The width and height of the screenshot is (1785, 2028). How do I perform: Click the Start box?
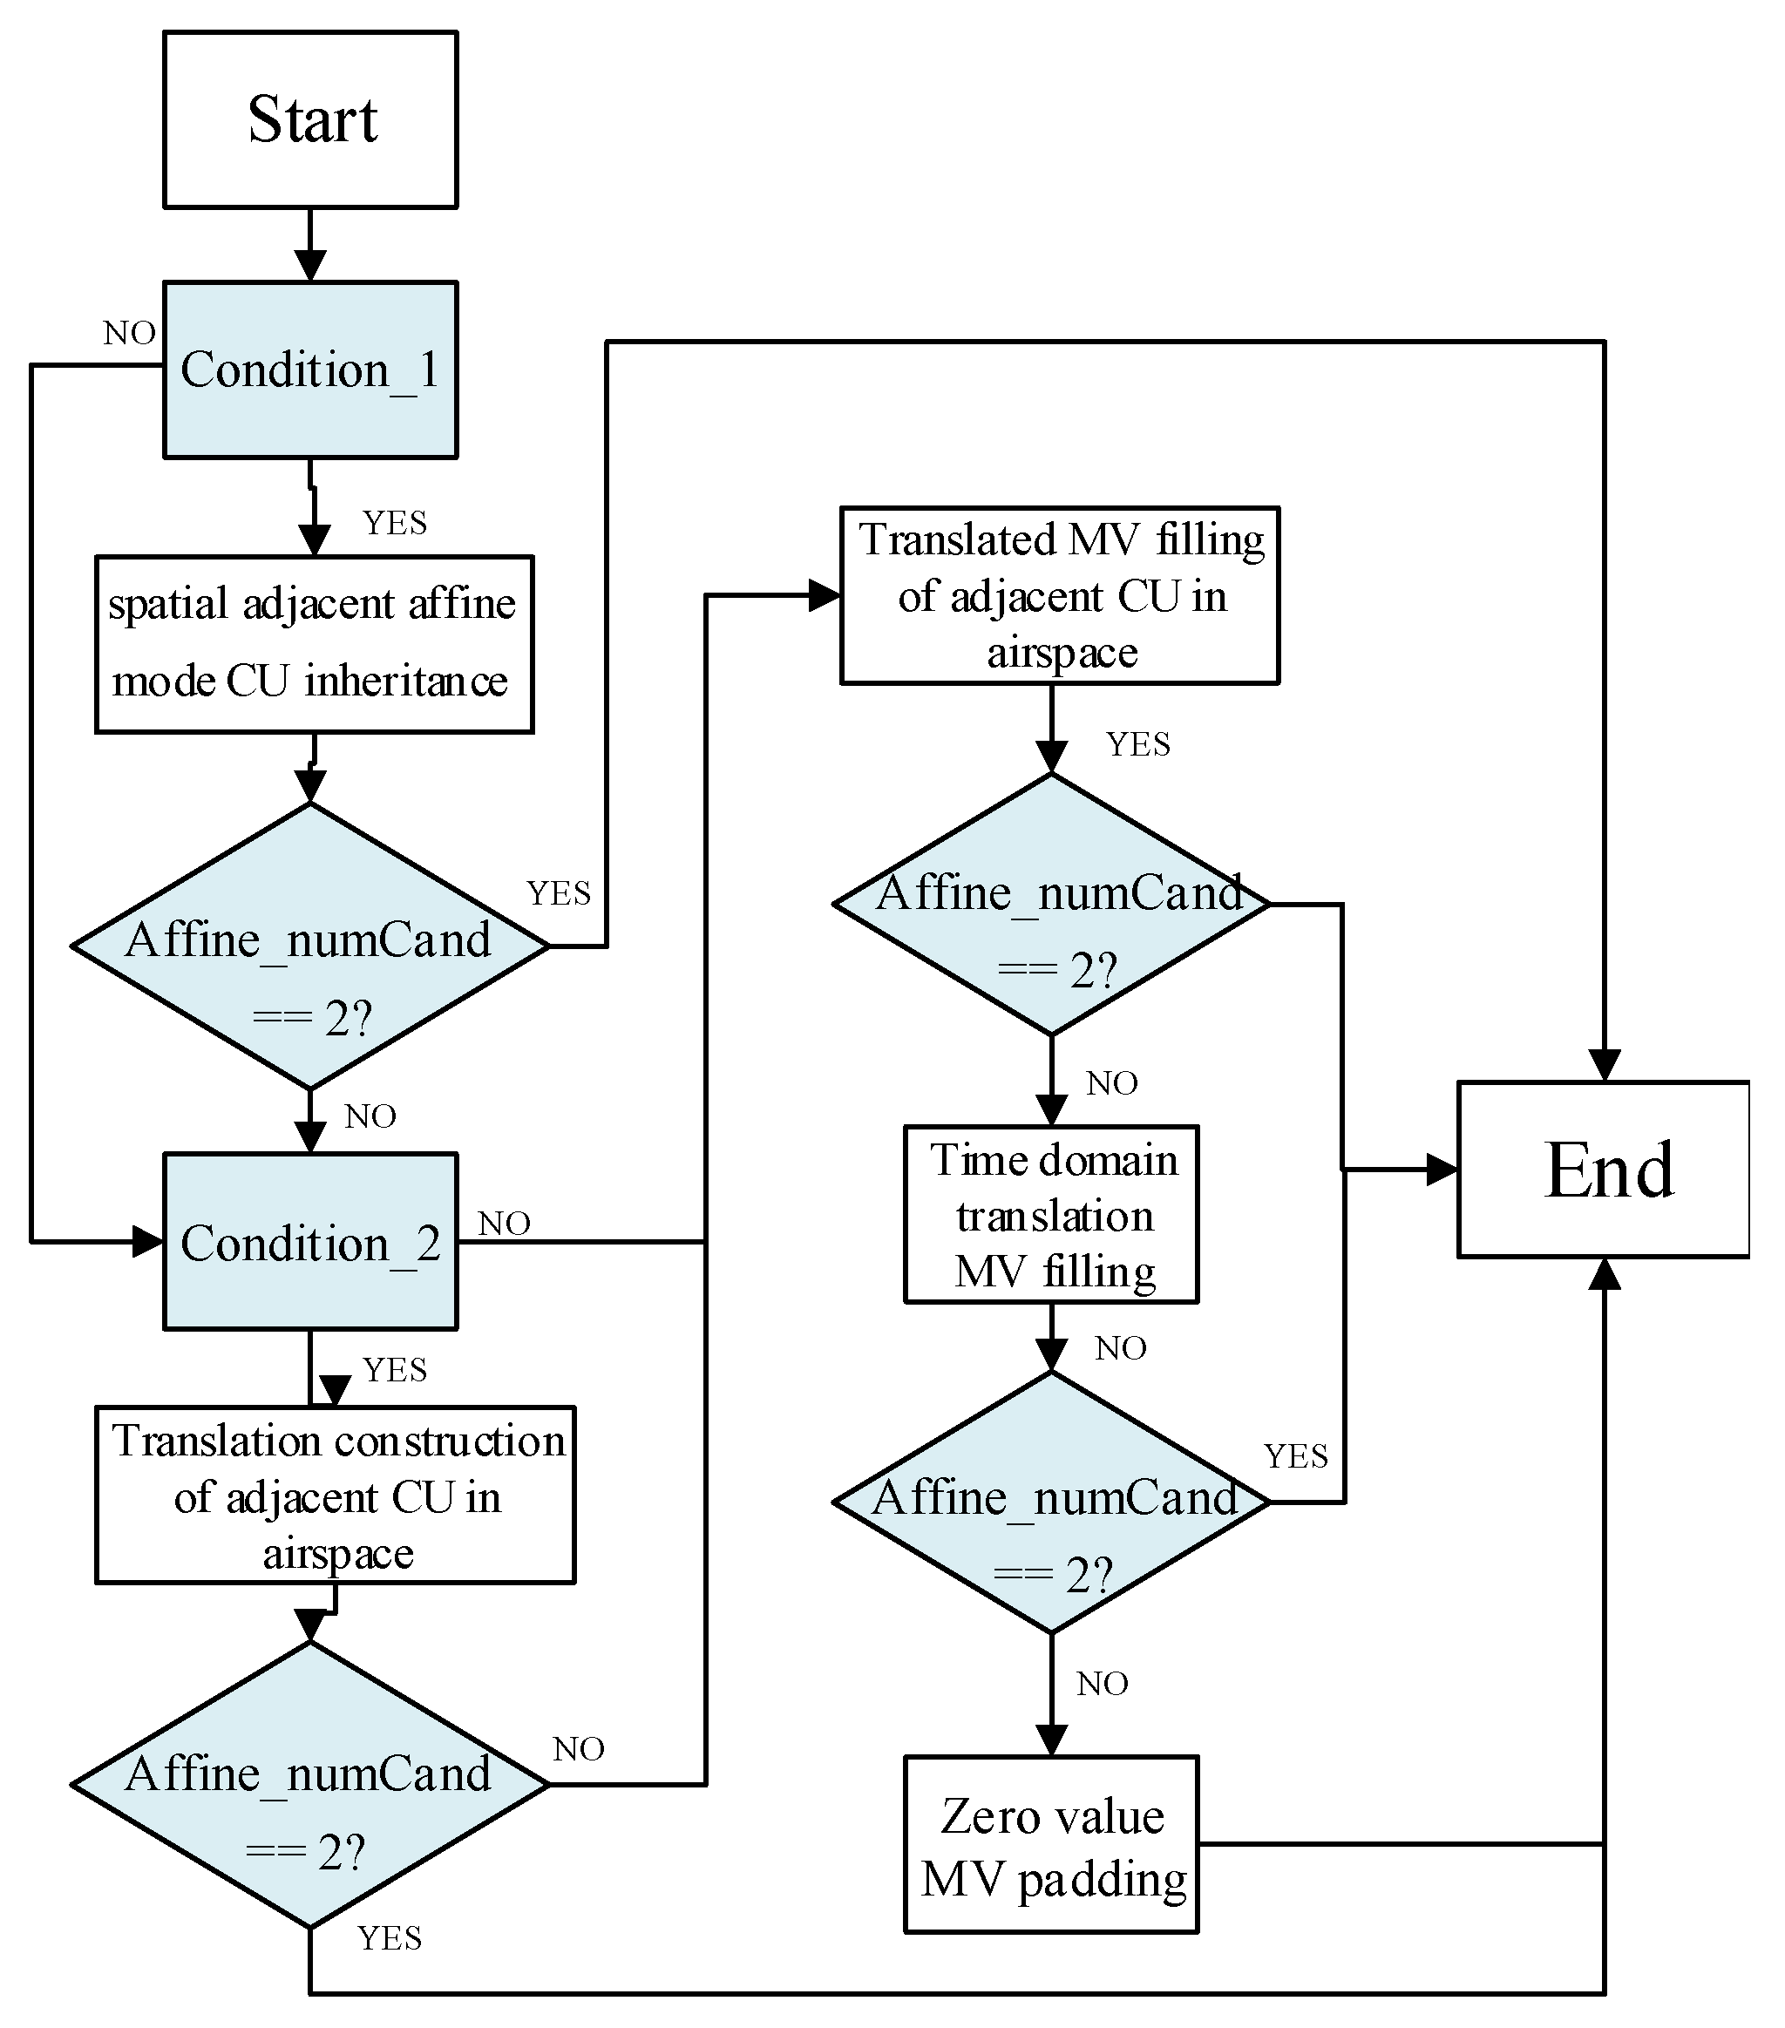309,119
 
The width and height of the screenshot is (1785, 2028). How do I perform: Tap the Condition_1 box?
309,370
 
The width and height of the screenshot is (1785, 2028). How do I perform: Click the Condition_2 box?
309,1241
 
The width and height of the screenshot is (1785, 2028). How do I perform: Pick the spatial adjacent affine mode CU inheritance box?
314,644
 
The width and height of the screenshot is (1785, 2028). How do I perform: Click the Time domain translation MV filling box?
1051,1214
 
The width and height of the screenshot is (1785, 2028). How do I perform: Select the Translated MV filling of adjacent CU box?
1059,595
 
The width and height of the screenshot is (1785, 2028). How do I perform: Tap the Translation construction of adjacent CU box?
335,1496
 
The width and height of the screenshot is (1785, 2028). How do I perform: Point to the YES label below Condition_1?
394,523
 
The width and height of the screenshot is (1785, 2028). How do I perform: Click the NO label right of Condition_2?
504,1224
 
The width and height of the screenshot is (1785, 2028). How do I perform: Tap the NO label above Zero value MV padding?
1103,1684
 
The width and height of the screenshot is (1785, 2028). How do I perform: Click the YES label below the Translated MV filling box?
1138,744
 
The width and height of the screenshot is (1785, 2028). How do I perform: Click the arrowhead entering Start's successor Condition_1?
310,266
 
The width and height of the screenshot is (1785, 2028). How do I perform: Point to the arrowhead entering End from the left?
1442,1169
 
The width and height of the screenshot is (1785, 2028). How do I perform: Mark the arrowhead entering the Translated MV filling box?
825,595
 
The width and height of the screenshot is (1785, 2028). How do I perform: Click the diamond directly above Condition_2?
309,946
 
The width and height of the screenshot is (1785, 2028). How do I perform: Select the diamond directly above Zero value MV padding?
1051,1502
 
